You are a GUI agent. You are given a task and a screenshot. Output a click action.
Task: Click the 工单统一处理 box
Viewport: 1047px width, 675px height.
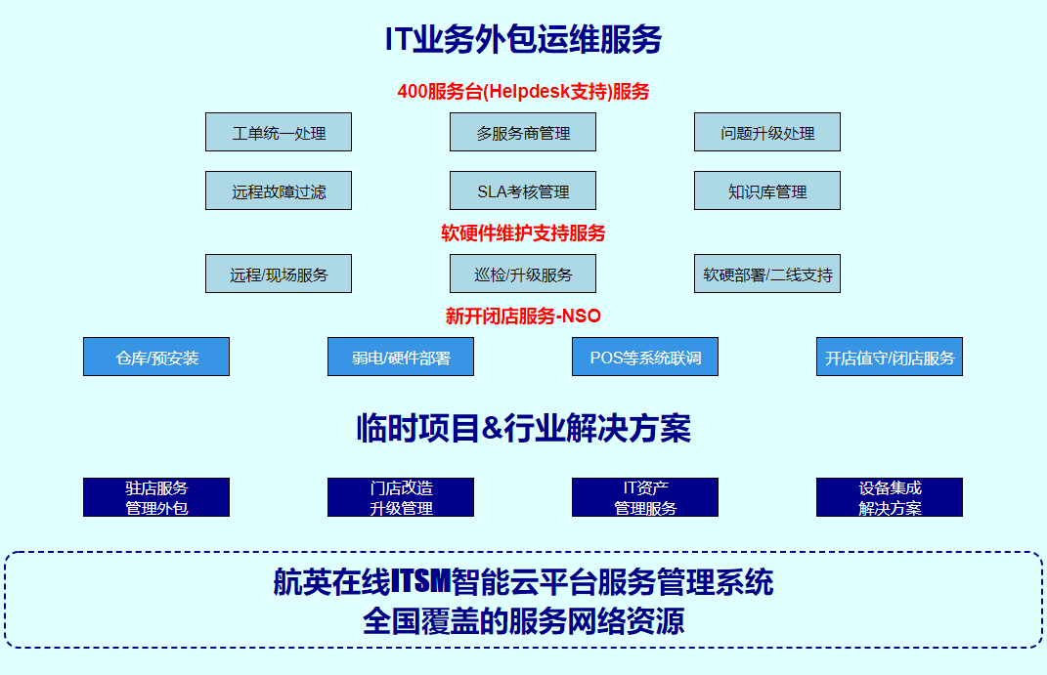[279, 132]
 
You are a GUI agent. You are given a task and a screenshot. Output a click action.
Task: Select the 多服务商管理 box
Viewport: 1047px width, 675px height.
[523, 132]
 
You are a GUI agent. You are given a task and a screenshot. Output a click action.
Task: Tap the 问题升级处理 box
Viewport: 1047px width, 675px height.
[767, 132]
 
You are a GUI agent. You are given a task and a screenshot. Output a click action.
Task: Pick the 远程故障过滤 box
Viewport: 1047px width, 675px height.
[279, 190]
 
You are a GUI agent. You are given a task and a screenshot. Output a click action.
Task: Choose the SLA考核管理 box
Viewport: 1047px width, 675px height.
[523, 190]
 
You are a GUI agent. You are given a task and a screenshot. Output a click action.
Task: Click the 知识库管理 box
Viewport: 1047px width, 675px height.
[767, 190]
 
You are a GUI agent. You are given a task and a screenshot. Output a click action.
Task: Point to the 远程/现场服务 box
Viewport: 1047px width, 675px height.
[279, 274]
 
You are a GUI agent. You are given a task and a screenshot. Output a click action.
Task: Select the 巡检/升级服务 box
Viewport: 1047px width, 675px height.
[523, 274]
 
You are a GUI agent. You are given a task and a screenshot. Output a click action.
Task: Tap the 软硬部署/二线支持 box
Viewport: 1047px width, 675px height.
[767, 274]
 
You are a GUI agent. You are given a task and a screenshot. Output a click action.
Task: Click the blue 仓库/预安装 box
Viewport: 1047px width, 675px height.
[156, 357]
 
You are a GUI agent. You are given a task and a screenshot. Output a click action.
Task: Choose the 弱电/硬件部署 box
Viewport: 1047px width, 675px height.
[401, 357]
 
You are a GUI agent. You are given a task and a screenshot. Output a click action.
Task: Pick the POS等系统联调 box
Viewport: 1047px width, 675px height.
[645, 357]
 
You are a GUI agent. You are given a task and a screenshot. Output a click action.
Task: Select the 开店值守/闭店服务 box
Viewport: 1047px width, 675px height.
[890, 357]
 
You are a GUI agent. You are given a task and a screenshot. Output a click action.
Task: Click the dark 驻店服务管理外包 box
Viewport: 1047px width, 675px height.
[156, 497]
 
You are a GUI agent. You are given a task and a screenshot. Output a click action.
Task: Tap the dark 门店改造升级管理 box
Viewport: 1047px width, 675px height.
[401, 497]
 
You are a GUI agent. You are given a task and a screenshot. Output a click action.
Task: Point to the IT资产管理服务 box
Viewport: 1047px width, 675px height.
[645, 497]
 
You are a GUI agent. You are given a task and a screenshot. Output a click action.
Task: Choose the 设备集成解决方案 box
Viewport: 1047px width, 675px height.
[890, 497]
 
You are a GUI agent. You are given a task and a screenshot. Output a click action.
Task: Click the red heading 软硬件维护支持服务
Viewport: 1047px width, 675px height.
[523, 233]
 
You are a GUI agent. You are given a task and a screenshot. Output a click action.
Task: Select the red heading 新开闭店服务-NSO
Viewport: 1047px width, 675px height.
[523, 316]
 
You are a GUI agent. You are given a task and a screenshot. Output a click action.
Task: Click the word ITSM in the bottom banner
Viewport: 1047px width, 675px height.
[420, 582]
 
